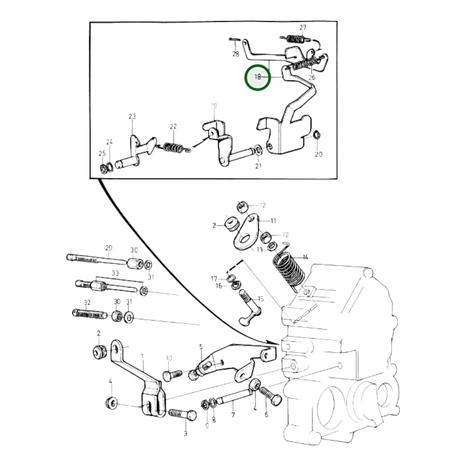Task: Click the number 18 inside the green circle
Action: [x=257, y=77]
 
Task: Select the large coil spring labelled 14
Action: [x=289, y=270]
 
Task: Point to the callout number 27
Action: [x=302, y=28]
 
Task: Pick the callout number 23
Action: [x=132, y=116]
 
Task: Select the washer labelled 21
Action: [x=258, y=150]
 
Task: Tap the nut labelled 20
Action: [x=316, y=134]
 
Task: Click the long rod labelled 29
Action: [x=97, y=259]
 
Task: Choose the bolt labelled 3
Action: [x=183, y=414]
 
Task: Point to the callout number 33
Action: [x=115, y=273]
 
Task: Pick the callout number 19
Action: [x=214, y=106]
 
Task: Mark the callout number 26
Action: [x=312, y=77]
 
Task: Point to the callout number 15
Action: [x=261, y=299]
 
